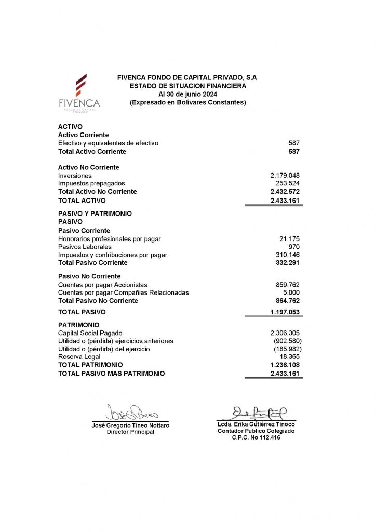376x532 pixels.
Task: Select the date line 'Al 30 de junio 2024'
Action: [187, 94]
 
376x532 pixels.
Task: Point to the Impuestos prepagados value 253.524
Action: [287, 183]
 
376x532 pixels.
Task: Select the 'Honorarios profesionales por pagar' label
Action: [109, 239]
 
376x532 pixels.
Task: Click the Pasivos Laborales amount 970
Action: [293, 247]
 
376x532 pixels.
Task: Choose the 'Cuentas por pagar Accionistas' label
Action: [102, 285]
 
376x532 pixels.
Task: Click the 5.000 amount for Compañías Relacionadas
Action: [290, 292]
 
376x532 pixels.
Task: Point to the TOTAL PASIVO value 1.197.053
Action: [285, 312]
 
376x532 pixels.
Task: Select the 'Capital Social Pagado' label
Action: [91, 333]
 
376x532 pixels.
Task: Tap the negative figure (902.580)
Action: [286, 341]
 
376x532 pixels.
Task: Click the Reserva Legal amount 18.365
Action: [289, 357]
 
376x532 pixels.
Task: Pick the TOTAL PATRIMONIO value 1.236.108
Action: [285, 365]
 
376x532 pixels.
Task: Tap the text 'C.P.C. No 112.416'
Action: [256, 438]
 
